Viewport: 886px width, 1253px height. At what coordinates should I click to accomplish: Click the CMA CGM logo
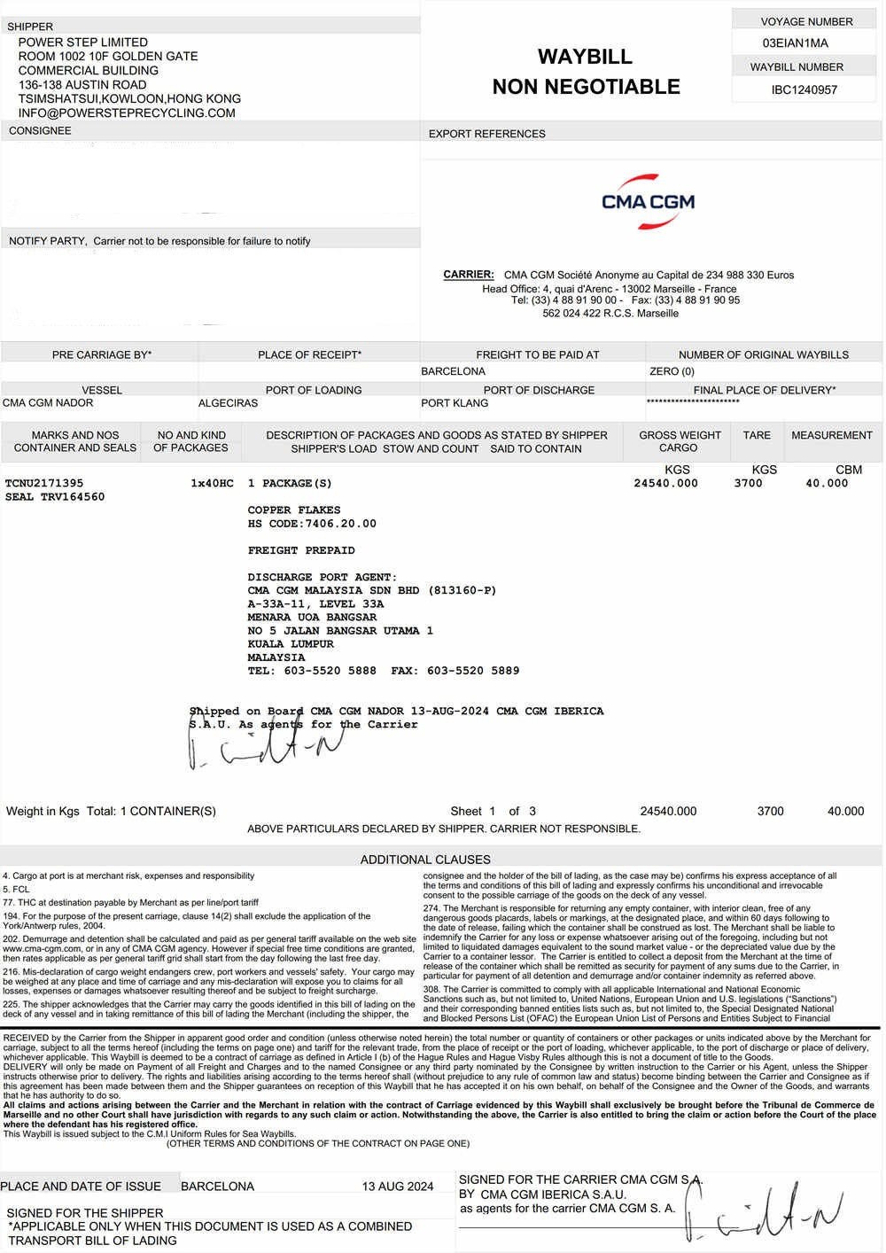click(x=648, y=201)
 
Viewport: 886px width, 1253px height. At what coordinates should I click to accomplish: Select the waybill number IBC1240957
click(x=804, y=89)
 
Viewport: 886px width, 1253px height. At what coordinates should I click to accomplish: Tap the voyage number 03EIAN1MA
click(x=795, y=43)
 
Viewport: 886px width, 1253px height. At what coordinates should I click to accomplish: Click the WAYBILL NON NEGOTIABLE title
click(x=586, y=72)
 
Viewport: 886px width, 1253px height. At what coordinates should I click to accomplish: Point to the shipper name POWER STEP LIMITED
click(x=83, y=42)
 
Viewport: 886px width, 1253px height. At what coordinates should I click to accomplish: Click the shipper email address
click(x=127, y=113)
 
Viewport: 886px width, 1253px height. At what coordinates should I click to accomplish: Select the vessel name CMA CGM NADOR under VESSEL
click(x=48, y=402)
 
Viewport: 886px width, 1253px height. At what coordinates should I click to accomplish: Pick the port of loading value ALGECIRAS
click(x=228, y=403)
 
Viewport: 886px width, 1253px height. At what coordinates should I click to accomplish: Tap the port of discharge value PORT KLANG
click(x=454, y=403)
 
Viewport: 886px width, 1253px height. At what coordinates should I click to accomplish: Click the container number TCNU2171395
click(x=44, y=483)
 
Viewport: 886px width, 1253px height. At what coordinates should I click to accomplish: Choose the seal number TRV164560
click(x=55, y=497)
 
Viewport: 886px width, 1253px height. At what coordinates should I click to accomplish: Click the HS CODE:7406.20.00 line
click(x=312, y=524)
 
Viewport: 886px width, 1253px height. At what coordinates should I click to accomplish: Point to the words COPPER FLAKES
click(x=293, y=510)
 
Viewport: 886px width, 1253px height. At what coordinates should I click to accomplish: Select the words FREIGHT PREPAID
click(x=301, y=550)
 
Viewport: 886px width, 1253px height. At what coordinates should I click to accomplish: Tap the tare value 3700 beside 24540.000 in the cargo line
click(x=748, y=483)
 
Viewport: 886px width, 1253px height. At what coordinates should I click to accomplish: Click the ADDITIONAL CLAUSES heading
click(x=425, y=859)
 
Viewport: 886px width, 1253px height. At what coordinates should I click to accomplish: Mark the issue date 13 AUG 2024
click(x=397, y=1187)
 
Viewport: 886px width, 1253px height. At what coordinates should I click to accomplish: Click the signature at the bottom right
click(x=764, y=1212)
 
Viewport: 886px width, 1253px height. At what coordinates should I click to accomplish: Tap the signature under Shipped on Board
click(x=253, y=750)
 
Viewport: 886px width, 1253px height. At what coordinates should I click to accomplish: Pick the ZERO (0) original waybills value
click(x=672, y=371)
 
